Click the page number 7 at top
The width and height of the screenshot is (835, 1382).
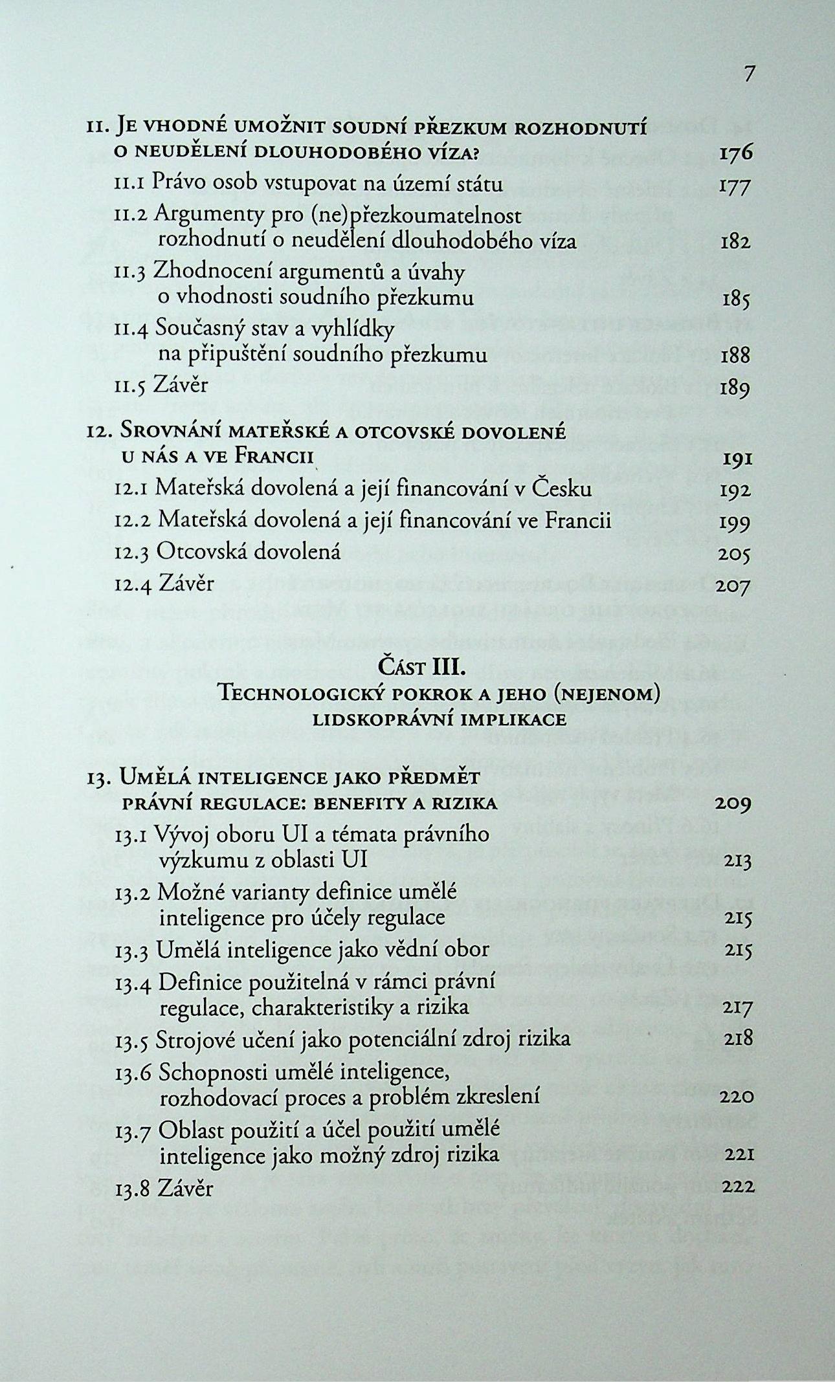click(x=749, y=74)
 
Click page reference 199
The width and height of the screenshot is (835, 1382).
click(x=735, y=521)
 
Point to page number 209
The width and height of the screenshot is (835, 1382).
click(x=734, y=804)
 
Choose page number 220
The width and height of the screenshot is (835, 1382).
click(x=736, y=1097)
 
